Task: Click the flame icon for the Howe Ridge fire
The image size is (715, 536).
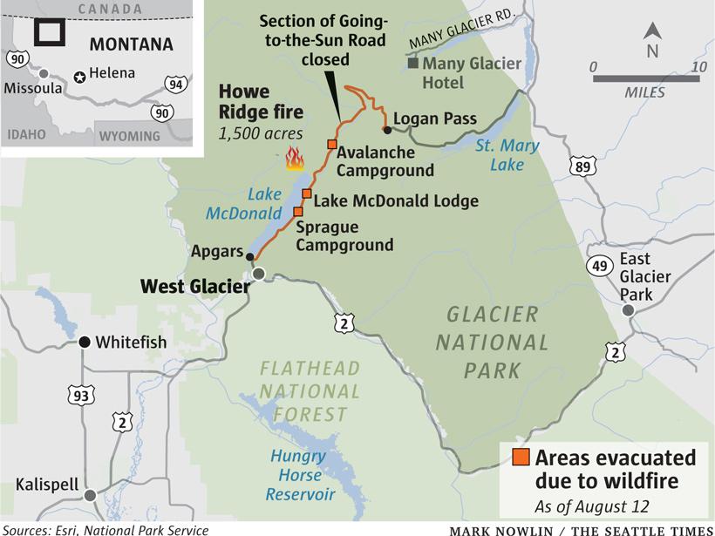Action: (294, 159)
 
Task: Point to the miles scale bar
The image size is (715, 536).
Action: (646, 78)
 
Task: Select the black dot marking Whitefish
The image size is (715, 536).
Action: (85, 343)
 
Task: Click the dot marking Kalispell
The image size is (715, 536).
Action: (90, 495)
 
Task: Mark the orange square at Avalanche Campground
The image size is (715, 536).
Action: (331, 144)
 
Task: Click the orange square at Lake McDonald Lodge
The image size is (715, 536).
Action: (307, 193)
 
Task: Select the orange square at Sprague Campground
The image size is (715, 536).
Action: (298, 212)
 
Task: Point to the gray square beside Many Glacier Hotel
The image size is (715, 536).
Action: (413, 63)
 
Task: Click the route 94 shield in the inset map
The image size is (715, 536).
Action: (175, 84)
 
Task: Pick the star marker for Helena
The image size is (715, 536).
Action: (81, 77)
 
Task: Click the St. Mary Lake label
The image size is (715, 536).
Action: (507, 154)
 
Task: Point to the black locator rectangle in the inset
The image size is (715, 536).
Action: (49, 32)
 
